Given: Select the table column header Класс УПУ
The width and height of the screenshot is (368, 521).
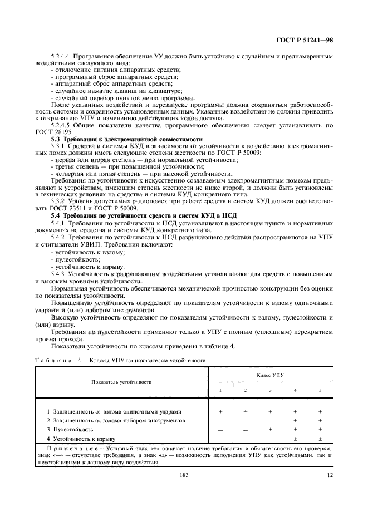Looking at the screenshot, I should [x=270, y=376].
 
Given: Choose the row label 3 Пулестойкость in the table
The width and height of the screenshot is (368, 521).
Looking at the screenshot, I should [x=70, y=430].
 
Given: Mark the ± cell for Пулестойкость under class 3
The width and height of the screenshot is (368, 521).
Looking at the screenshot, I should [x=270, y=430].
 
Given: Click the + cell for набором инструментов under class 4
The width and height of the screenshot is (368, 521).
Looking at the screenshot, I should [x=295, y=420].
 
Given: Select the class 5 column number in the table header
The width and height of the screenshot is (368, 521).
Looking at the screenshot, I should [x=320, y=390].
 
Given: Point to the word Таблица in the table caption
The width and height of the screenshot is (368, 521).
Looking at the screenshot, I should [x=51, y=360].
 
